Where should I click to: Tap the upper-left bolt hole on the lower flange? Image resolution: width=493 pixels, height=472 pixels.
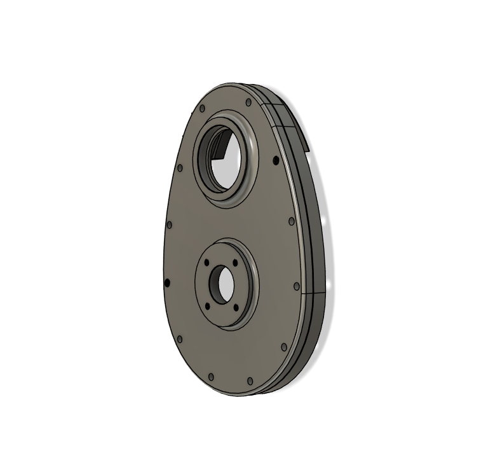pyautogui.click(x=207, y=262)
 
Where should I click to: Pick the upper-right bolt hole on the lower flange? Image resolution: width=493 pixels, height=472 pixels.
pyautogui.click(x=235, y=261)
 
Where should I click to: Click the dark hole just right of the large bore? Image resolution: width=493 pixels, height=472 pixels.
pyautogui.click(x=275, y=160)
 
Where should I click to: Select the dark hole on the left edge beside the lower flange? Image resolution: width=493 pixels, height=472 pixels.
pyautogui.click(x=167, y=282)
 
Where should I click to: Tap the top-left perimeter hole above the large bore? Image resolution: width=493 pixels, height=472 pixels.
pyautogui.click(x=202, y=109)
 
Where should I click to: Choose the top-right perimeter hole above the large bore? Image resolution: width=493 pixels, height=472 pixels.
pyautogui.click(x=246, y=101)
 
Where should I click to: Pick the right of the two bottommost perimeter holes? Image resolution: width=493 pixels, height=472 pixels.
pyautogui.click(x=250, y=380)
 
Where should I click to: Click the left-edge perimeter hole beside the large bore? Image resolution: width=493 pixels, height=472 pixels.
pyautogui.click(x=180, y=168)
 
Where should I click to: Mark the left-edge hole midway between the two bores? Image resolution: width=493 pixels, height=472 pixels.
pyautogui.click(x=169, y=225)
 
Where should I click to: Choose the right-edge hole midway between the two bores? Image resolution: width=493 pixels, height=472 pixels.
pyautogui.click(x=292, y=221)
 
